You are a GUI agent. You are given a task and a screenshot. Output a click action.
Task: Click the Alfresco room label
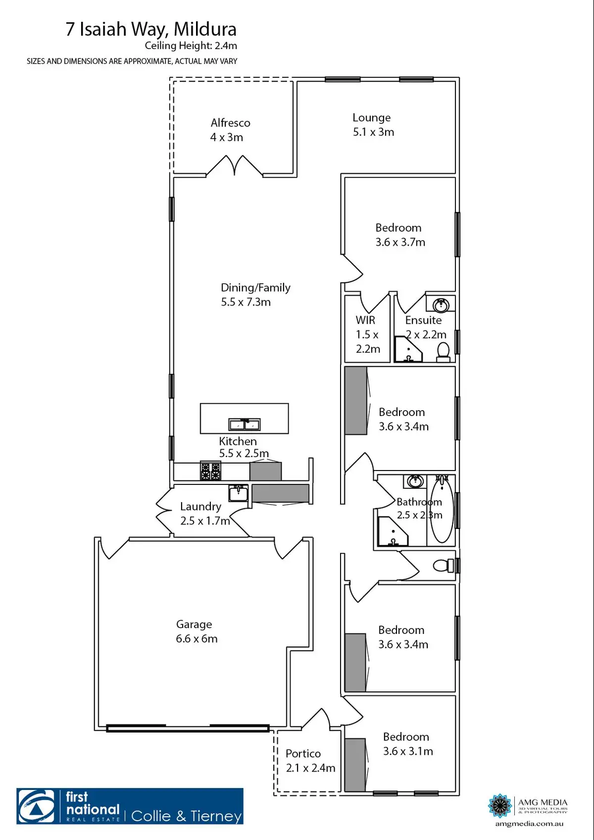pos(230,123)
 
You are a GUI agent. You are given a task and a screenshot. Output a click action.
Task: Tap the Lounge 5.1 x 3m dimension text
pos(373,132)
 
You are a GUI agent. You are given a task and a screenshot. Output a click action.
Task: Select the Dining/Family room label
pos(255,288)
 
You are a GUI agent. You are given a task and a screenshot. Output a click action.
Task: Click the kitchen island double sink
pos(244,424)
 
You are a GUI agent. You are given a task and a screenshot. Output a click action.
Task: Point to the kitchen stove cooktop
pos(210,471)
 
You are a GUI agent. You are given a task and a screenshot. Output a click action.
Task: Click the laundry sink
pos(238,493)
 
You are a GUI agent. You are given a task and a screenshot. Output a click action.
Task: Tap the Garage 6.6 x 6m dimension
pos(197,639)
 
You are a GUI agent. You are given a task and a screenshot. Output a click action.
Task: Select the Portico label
pos(303,753)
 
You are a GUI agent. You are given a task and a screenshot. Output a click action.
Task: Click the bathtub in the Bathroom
pos(441,510)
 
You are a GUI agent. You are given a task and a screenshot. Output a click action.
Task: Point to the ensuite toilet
pos(443,351)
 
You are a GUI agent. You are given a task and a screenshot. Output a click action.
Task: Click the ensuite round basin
pos(441,305)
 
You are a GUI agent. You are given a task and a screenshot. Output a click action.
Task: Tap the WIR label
pos(365,320)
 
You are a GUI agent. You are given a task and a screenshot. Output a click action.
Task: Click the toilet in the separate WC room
pos(443,565)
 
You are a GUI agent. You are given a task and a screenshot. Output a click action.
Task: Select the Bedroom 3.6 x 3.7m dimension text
pos(400,242)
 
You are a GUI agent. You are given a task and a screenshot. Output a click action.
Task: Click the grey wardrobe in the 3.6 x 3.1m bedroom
pos(355,764)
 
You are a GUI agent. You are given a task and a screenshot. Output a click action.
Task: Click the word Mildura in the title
pos(204,29)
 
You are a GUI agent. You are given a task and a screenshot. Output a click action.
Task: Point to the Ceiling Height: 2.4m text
pos(191,46)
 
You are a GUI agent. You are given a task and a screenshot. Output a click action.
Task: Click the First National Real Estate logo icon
pos(38,806)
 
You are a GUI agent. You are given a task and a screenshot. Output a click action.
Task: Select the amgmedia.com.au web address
pos(529,824)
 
